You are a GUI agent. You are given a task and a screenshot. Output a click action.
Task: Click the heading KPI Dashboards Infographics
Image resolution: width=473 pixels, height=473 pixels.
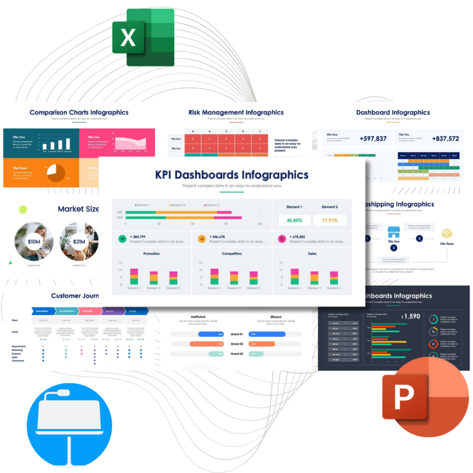[231, 175]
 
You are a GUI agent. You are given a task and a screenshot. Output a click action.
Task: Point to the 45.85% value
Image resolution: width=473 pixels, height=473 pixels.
[294, 220]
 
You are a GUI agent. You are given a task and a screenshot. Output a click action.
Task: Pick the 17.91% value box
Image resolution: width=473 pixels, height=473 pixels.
[329, 220]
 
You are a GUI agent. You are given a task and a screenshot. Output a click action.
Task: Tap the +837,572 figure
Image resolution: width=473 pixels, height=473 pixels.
[445, 139]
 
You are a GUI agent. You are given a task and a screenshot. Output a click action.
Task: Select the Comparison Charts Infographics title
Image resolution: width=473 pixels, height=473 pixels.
[79, 112]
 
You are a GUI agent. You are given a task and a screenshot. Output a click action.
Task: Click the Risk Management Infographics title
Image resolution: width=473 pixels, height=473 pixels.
[236, 112]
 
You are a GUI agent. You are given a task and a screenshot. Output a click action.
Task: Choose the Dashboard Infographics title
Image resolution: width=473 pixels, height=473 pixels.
[393, 112]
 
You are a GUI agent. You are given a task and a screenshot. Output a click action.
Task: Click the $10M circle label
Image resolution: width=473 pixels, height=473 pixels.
[34, 242]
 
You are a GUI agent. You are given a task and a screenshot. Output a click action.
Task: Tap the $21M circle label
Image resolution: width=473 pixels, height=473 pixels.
[78, 242]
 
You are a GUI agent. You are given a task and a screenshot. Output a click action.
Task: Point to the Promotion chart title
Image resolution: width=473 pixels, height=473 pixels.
[152, 254]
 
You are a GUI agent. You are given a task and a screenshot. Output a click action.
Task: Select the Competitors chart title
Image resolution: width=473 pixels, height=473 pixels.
[232, 254]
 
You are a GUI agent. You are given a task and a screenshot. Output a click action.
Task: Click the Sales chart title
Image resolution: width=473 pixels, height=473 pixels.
[312, 254]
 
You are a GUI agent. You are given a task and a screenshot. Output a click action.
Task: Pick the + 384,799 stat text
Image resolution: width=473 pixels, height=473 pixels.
[138, 236]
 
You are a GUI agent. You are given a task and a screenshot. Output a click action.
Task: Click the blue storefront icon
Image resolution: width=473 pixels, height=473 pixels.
[393, 231]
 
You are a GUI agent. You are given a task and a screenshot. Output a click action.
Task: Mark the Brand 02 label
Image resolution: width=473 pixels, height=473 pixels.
[236, 344]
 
